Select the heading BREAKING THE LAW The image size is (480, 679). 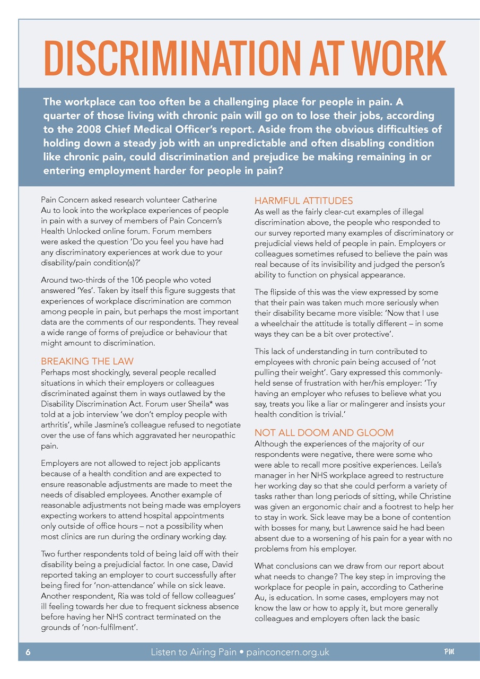click(x=87, y=361)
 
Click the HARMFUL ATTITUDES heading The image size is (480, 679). click(x=303, y=201)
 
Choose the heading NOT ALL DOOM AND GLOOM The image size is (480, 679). click(x=324, y=432)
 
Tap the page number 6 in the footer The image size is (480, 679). click(x=28, y=652)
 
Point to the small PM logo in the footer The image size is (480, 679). click(x=449, y=651)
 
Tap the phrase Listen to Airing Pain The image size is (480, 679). click(x=194, y=652)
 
